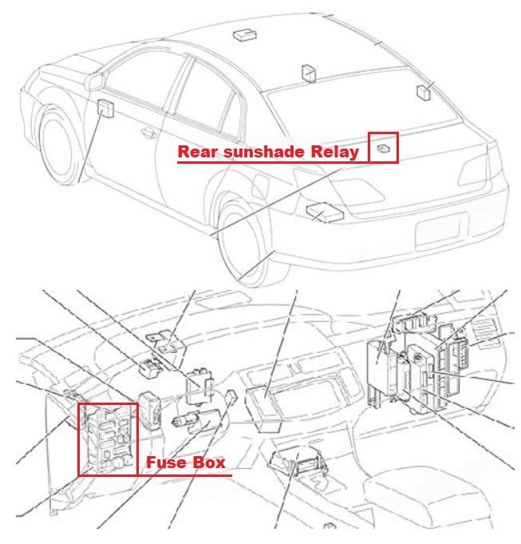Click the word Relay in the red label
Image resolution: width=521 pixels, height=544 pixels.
pos(334,153)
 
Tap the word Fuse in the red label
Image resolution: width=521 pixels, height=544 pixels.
pos(165,463)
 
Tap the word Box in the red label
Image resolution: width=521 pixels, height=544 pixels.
pos(208,463)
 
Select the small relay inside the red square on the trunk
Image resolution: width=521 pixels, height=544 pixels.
pos(383,149)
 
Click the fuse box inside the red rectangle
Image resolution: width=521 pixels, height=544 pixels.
pos(108,439)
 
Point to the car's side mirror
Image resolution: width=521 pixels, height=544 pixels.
pos(94,81)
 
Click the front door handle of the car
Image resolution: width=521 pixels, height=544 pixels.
pos(149,132)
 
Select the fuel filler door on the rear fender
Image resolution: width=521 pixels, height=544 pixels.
pos(261,186)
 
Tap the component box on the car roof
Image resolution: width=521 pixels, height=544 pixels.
pos(245,34)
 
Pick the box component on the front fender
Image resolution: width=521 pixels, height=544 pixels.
pos(105,109)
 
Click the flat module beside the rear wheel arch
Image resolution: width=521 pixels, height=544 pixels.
pos(325,212)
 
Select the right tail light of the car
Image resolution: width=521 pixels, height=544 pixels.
pos(474,171)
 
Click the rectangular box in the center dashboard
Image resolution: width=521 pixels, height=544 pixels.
pos(263,410)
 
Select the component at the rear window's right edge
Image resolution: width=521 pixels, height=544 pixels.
pos(424,93)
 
